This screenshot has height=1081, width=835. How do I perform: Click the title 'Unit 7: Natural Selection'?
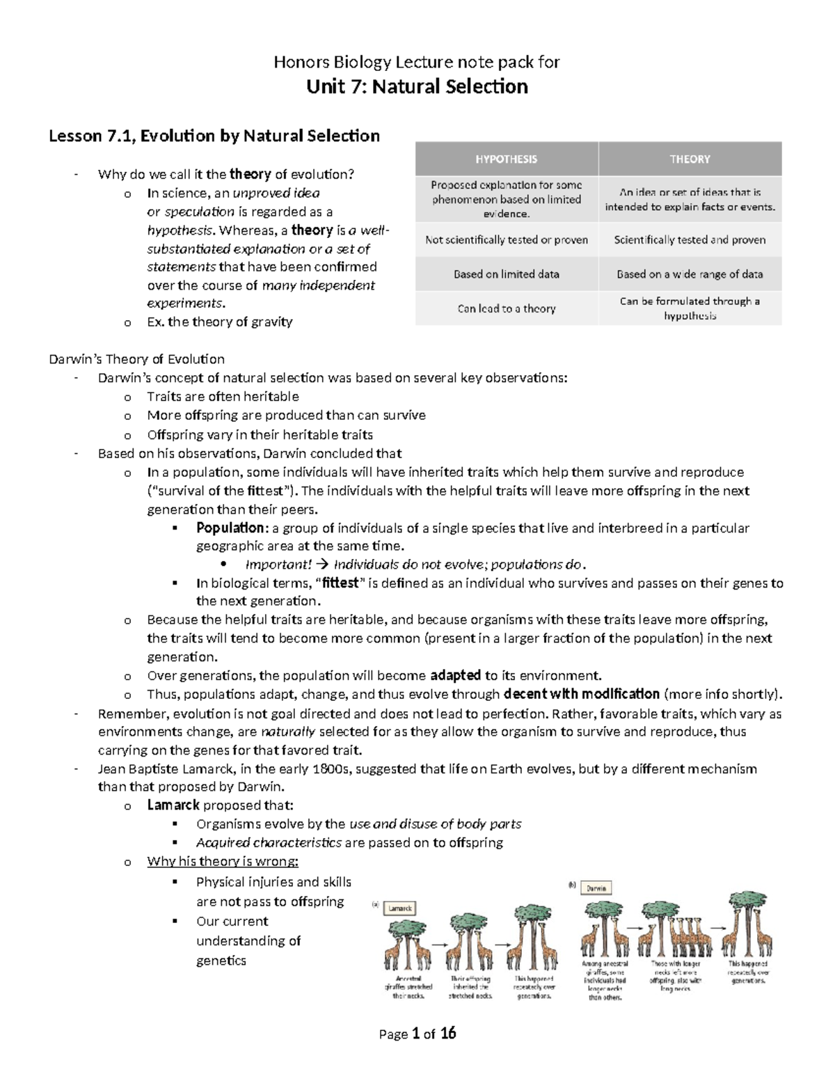pyautogui.click(x=417, y=87)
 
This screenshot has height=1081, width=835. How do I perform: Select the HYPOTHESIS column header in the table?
pyautogui.click(x=506, y=159)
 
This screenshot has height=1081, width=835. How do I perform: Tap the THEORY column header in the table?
pyautogui.click(x=690, y=159)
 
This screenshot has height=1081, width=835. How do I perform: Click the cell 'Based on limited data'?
pyautogui.click(x=506, y=274)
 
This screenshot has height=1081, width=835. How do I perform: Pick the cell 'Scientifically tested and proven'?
pyautogui.click(x=690, y=240)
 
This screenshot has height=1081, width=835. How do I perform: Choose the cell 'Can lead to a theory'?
pyautogui.click(x=506, y=308)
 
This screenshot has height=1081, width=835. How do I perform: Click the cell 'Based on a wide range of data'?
pyautogui.click(x=690, y=274)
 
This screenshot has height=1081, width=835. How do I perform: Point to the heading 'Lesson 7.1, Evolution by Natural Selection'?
pyautogui.click(x=214, y=136)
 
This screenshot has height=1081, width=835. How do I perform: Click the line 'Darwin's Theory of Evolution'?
pyautogui.click(x=136, y=359)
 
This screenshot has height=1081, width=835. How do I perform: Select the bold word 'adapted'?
pyautogui.click(x=456, y=675)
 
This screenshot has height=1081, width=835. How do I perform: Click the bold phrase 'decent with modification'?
pyautogui.click(x=581, y=694)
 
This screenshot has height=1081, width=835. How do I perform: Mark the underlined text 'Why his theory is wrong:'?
pyautogui.click(x=223, y=862)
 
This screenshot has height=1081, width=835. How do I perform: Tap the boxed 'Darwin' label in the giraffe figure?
pyautogui.click(x=596, y=888)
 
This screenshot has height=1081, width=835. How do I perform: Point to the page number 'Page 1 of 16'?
pyautogui.click(x=417, y=1034)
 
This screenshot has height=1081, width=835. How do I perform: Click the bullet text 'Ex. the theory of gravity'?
pyautogui.click(x=219, y=322)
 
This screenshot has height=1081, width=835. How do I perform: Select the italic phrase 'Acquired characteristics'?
pyautogui.click(x=269, y=842)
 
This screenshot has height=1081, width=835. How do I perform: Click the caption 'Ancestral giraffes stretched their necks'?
pyautogui.click(x=408, y=987)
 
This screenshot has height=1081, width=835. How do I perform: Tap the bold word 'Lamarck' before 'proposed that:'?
pyautogui.click(x=173, y=805)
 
